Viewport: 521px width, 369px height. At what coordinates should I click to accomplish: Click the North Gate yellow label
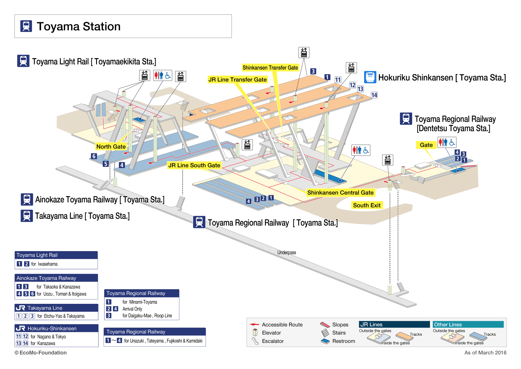click(111, 147)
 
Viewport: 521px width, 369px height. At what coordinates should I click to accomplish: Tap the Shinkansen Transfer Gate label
click(270, 68)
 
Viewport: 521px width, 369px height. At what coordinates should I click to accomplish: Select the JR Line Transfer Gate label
click(237, 80)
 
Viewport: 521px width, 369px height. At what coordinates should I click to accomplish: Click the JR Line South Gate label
click(194, 165)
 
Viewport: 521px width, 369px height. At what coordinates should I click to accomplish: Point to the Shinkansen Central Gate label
click(340, 193)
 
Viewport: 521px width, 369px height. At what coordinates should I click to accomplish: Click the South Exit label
click(366, 205)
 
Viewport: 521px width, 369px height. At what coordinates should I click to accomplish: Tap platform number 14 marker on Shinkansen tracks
click(374, 95)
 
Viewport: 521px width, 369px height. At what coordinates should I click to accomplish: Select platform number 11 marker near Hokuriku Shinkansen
click(338, 80)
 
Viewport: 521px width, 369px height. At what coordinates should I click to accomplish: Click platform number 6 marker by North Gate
click(94, 156)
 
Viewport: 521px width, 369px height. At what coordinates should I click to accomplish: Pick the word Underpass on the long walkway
click(287, 253)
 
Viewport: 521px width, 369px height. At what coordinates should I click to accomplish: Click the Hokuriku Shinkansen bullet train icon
click(370, 77)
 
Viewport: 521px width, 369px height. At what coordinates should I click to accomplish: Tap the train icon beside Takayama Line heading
click(27, 216)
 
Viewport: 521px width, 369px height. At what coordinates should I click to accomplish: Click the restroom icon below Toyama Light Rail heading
click(162, 76)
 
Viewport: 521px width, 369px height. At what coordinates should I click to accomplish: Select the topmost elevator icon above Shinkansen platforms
click(304, 53)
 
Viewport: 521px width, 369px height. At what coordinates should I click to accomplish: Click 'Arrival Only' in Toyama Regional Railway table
click(132, 309)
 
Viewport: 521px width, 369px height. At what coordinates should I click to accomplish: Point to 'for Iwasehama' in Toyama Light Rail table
click(44, 264)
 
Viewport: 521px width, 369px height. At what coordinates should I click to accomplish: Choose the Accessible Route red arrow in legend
click(254, 324)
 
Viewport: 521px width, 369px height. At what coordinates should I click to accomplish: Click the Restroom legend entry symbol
click(325, 341)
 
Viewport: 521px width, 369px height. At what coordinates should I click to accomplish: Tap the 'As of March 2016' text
click(485, 352)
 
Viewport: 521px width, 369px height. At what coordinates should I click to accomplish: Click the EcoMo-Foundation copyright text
click(41, 352)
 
